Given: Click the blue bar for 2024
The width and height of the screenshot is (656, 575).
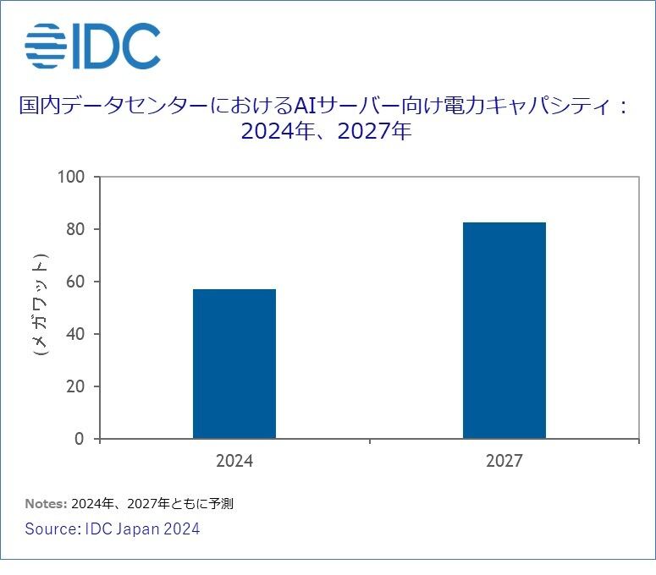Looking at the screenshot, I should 234,364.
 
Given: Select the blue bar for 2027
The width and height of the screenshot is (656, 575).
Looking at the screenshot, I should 504,330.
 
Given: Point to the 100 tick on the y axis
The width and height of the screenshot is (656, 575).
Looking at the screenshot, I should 72,177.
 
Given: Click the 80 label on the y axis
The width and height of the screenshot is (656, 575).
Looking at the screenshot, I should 75,229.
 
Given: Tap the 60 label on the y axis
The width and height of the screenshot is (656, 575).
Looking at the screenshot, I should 75,282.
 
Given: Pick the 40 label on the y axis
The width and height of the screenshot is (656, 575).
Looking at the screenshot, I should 75,334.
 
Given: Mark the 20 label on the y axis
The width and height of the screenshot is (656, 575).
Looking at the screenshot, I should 75,386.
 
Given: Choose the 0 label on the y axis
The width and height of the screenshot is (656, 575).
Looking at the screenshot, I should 80,439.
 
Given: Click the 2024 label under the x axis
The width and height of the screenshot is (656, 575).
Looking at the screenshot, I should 234,462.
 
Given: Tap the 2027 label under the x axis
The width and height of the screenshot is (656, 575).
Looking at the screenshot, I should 504,462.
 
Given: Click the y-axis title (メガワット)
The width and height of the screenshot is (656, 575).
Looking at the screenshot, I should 40,304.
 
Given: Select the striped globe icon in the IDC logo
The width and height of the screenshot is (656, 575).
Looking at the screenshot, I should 46,46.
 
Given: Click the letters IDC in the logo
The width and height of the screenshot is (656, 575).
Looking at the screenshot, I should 115,46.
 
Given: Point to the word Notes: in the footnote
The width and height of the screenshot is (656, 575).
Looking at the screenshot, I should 46,504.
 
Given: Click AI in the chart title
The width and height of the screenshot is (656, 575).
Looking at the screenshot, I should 304,106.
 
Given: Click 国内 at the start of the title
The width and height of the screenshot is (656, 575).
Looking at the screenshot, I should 38,106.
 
